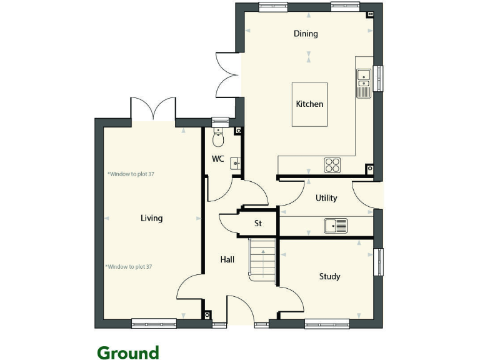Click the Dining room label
306,34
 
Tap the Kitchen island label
309,104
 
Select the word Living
151,218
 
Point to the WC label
217,159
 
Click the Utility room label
326,198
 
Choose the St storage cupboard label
257,223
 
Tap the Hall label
227,259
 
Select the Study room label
329,276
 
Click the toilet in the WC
217,137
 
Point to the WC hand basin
236,164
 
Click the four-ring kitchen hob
332,164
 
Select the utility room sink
336,225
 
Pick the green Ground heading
127,353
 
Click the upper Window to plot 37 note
131,174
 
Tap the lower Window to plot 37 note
129,267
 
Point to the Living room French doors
153,109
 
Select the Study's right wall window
377,261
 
